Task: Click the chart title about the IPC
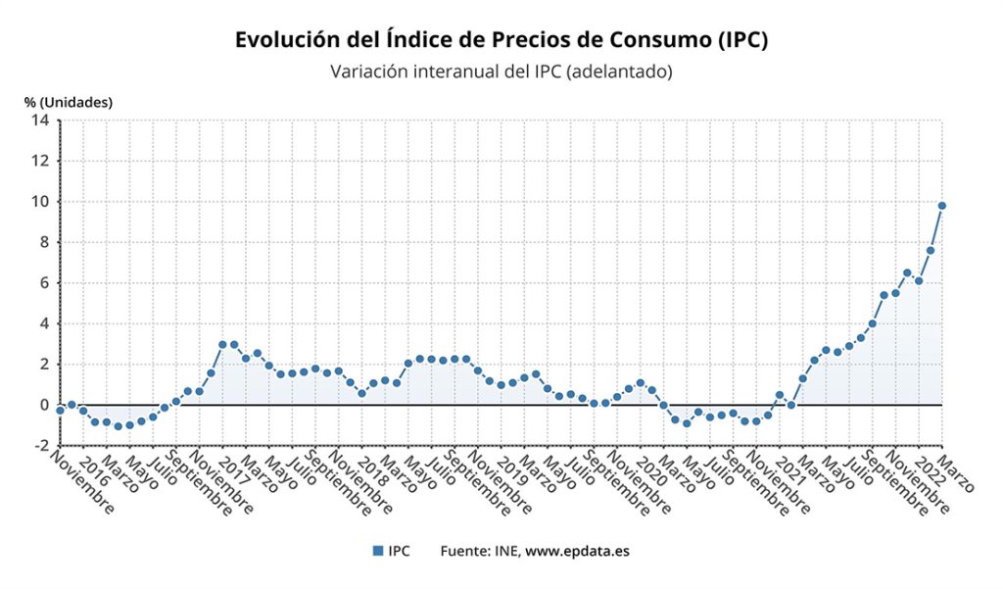pos(501,39)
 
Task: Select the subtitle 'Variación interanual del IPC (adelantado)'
pos(501,72)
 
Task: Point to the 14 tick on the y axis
pos(40,121)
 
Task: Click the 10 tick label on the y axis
pos(40,202)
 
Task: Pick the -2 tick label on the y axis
pos(40,445)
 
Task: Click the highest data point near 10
pos(941,206)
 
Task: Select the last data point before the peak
pos(930,250)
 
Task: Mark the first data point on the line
pos(60,410)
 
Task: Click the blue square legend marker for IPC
pos(377,551)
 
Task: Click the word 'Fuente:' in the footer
pos(465,551)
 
